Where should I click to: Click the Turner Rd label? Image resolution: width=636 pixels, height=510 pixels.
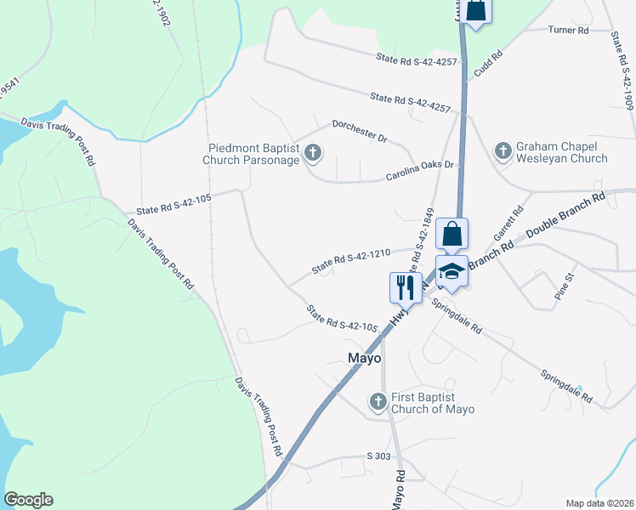tap(569, 31)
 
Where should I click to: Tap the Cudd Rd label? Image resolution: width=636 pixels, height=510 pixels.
tap(489, 65)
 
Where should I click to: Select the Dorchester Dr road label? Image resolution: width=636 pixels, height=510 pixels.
tap(359, 130)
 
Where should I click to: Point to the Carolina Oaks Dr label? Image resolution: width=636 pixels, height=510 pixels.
tap(421, 168)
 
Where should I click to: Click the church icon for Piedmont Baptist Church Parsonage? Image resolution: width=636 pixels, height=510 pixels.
tap(313, 154)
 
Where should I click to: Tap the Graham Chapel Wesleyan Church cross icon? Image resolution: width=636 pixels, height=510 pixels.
tap(503, 151)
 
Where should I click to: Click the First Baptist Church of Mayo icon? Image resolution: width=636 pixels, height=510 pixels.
tap(378, 400)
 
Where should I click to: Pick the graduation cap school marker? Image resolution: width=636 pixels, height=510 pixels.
tap(452, 272)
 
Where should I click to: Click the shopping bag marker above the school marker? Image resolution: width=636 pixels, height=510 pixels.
tap(452, 233)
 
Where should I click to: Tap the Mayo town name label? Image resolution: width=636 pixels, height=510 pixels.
tap(365, 358)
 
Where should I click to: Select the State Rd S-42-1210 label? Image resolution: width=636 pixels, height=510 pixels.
tap(350, 261)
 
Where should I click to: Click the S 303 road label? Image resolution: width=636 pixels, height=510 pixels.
tap(378, 456)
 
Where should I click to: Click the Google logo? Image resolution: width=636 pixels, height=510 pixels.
tap(28, 500)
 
